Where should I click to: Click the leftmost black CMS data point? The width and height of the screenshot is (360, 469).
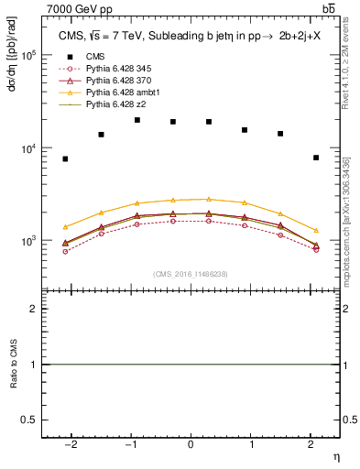65,159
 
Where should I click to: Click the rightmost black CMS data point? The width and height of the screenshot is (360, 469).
315,158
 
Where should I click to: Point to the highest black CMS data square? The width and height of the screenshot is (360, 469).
137,120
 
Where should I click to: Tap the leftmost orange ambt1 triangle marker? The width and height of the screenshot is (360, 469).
65,226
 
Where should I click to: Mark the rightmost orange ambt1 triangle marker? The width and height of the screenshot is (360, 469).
315,230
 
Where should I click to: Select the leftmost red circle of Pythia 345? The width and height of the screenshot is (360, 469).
65,251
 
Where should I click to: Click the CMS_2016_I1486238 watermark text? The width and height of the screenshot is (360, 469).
191,274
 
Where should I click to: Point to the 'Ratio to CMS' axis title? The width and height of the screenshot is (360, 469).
15,365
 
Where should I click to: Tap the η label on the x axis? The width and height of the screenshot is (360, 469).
334,456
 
